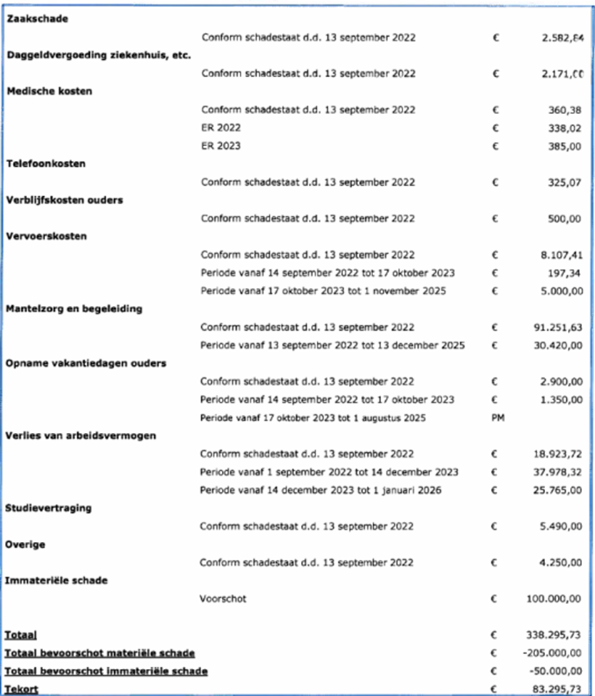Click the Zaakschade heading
(x=37, y=19)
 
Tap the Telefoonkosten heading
(x=46, y=164)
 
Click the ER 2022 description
(x=220, y=128)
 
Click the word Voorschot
(x=223, y=599)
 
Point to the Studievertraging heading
(x=48, y=508)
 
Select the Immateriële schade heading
(x=56, y=580)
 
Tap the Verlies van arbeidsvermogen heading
(x=81, y=436)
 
